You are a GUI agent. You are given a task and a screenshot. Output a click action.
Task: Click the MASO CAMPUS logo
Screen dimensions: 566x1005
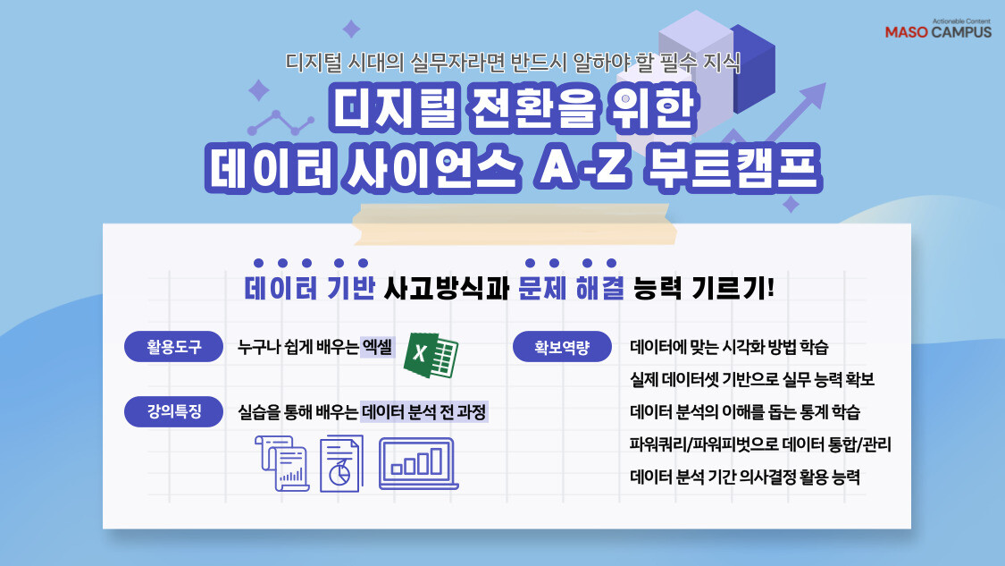pyautogui.click(x=937, y=29)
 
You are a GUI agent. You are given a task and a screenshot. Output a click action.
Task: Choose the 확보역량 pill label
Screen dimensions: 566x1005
pyautogui.click(x=562, y=347)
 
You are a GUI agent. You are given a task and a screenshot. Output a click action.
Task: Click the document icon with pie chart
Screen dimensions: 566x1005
pyautogui.click(x=341, y=462)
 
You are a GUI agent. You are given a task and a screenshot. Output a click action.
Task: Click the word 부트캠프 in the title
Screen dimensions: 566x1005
pyautogui.click(x=750, y=170)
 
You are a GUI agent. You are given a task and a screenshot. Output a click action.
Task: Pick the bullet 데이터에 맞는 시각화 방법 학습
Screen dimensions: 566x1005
pyautogui.click(x=734, y=348)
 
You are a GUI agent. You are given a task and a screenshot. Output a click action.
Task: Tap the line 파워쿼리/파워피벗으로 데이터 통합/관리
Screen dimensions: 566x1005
pyautogui.click(x=760, y=444)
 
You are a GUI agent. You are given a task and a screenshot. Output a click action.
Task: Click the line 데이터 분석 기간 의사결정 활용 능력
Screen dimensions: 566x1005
pyautogui.click(x=745, y=477)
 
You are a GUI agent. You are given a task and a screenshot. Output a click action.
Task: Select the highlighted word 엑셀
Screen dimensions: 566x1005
pyautogui.click(x=378, y=348)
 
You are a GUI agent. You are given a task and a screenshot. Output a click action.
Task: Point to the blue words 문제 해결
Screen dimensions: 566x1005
pyautogui.click(x=570, y=289)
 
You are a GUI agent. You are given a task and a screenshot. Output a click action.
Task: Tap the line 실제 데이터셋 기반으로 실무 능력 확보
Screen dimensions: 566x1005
pyautogui.click(x=751, y=380)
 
